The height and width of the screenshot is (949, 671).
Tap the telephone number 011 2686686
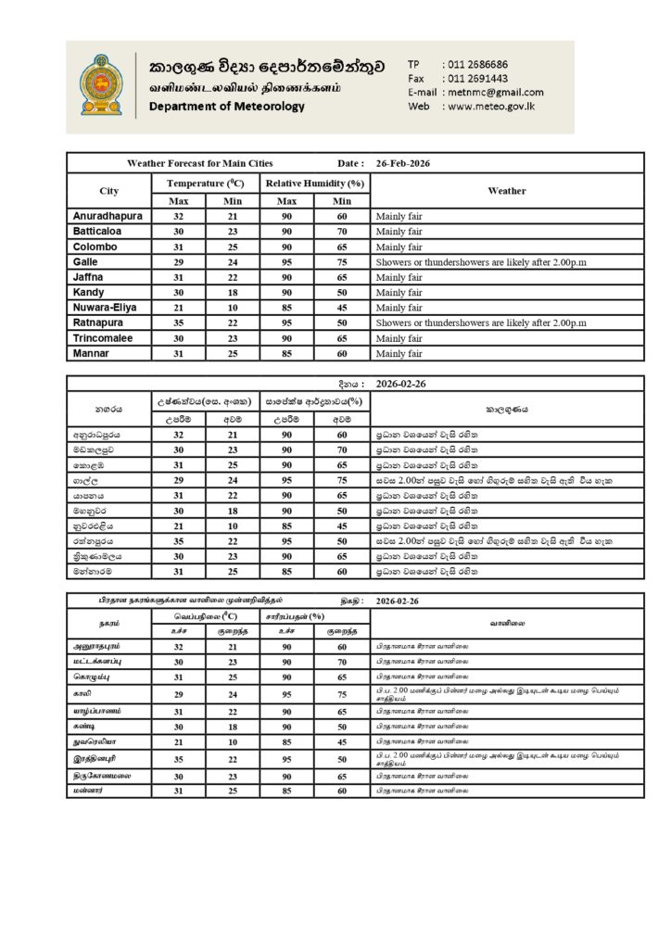pos(476,64)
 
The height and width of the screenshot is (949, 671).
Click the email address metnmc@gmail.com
pos(495,92)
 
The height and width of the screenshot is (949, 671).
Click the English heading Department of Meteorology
pos(226,107)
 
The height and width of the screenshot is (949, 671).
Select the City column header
pos(109,191)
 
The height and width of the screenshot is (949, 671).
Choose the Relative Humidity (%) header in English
pos(315,183)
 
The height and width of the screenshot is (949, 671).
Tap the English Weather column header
pos(505,191)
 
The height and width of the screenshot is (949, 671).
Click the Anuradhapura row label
pos(107,216)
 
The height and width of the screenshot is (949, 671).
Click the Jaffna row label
pos(89,276)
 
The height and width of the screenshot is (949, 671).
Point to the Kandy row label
pos(88,292)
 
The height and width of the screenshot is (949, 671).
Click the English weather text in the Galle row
pos(481,261)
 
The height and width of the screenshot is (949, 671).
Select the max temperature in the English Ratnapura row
pos(179,323)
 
